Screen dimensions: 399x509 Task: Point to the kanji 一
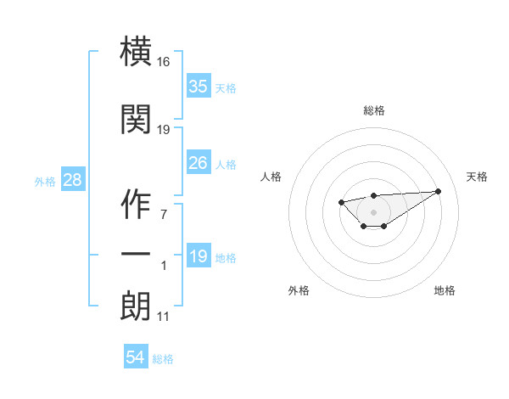136,254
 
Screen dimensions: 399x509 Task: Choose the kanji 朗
136,305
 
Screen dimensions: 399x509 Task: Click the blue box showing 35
198,86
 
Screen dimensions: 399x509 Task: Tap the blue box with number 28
71,179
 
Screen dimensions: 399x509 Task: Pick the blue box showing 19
198,256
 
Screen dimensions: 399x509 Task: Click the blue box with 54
135,357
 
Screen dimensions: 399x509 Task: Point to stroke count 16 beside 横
164,62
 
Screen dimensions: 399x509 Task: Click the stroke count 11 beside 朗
163,317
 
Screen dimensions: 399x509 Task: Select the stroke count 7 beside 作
163,214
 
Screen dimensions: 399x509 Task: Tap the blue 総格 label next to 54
163,359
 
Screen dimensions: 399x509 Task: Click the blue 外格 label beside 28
45,181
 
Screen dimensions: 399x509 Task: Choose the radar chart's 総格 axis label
373,110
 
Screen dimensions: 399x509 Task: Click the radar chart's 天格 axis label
477,177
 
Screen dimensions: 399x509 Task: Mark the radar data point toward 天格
438,191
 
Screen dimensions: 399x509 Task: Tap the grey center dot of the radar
373,211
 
